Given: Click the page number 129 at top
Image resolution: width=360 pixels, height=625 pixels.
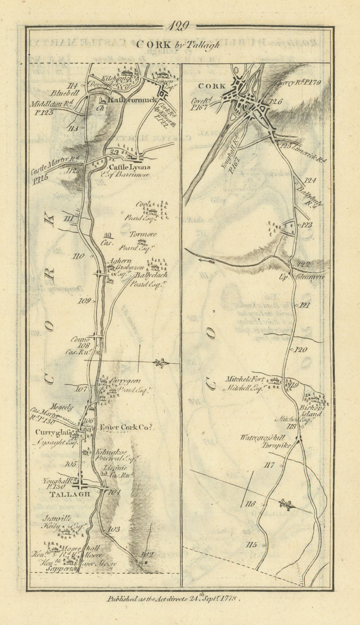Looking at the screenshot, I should [x=179, y=27].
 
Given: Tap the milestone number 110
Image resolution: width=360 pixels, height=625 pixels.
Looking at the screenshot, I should [x=78, y=257].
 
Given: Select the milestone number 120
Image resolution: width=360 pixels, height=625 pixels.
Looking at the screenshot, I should [x=301, y=350].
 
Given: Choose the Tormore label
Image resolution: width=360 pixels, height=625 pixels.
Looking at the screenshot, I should [x=143, y=234].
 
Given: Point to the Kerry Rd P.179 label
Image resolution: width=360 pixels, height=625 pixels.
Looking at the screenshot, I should [x=300, y=83].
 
